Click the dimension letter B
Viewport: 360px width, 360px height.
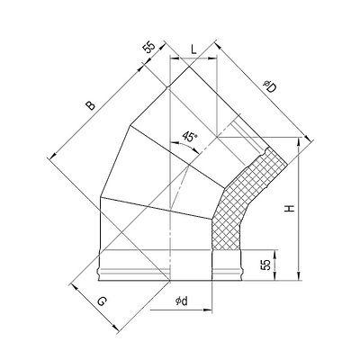[90, 105]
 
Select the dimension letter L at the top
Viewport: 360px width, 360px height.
[193, 49]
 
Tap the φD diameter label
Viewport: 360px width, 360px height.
[269, 86]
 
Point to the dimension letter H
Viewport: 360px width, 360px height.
[290, 209]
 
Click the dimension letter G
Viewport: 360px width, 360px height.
[103, 301]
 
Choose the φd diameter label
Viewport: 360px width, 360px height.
[182, 301]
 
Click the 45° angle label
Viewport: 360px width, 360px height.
[190, 137]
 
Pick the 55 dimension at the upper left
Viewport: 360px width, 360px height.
[149, 47]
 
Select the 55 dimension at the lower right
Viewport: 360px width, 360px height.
[265, 265]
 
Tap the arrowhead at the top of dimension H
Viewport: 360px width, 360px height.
[299, 141]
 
